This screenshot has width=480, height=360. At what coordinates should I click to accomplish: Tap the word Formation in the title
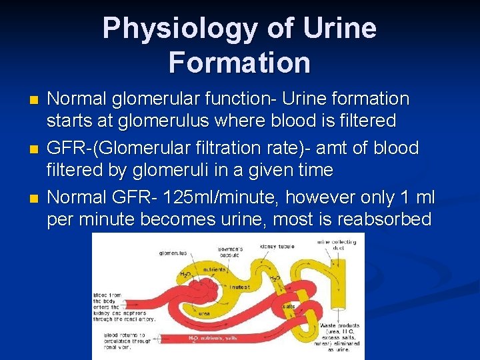(x=239, y=63)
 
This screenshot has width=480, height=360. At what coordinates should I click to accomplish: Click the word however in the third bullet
(x=319, y=198)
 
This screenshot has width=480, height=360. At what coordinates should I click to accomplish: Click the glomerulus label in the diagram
(x=173, y=253)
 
